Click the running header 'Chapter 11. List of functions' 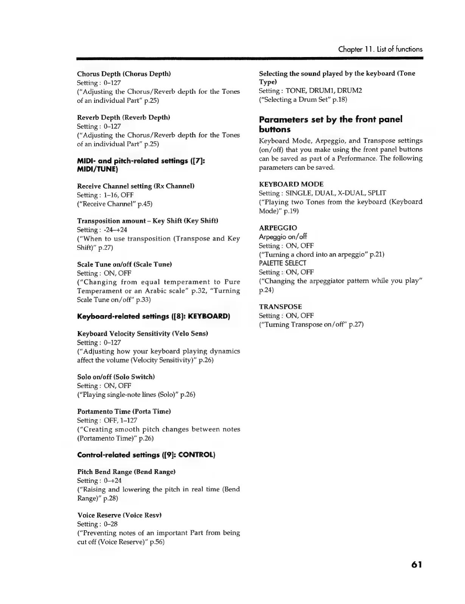(x=380, y=49)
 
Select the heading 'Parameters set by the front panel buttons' (x=331, y=124)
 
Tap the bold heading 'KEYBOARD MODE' (x=291, y=184)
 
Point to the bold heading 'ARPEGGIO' (x=278, y=228)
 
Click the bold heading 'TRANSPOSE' (x=280, y=307)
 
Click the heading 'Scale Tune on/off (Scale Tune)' (x=124, y=264)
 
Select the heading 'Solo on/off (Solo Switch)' (x=116, y=377)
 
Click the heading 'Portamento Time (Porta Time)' (x=124, y=411)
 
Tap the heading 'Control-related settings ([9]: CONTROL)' (x=146, y=455)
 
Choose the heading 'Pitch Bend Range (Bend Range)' (x=126, y=472)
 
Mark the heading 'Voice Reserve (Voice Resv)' (x=120, y=515)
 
